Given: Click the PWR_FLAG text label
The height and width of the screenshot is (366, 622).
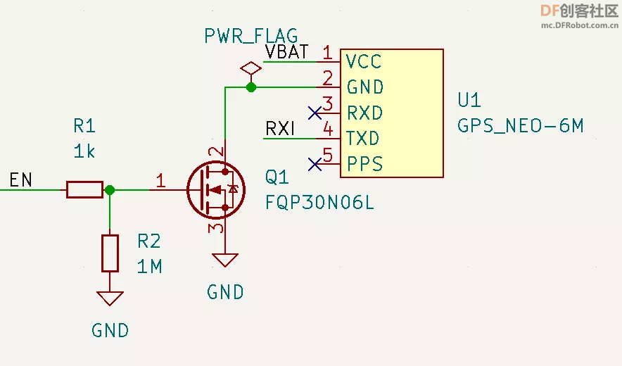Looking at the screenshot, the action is point(251,36).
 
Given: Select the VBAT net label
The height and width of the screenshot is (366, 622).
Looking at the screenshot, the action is point(287,51).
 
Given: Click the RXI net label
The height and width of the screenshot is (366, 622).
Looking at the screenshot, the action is point(280,129).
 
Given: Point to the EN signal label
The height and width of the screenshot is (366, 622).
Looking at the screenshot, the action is point(20,179).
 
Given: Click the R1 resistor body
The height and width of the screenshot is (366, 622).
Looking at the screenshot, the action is point(85,190).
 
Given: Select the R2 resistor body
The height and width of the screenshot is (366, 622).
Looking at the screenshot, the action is point(110,253).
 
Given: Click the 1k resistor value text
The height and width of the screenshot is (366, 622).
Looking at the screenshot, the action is point(84,151).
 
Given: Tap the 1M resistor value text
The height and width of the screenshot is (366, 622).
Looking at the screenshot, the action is point(150,266).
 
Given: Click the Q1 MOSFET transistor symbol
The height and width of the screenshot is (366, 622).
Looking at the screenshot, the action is point(216,190).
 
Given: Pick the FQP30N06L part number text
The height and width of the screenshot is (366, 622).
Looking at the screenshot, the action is point(319,203).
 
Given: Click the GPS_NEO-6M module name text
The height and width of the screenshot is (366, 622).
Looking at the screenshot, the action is point(520,126).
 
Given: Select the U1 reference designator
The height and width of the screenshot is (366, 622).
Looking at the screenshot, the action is point(469,100).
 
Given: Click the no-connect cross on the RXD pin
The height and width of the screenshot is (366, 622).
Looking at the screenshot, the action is point(315,113).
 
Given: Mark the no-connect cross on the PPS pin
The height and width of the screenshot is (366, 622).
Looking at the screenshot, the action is point(315,164).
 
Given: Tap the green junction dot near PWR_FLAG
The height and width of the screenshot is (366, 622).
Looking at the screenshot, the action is point(251,87).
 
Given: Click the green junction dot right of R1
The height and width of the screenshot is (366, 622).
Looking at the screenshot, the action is point(110,190).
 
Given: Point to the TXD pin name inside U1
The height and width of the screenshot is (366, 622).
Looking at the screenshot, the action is point(362,139).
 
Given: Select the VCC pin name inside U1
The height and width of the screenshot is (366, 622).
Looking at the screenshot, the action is point(363,61).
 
